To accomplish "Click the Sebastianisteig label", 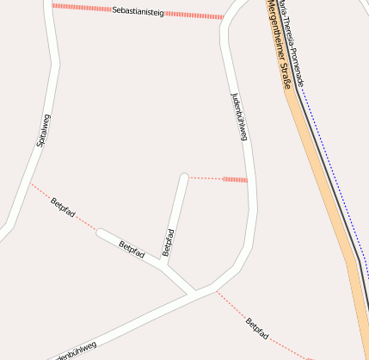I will pos(138,12).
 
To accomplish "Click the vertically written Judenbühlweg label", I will pos(240,117).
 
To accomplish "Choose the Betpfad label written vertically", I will pos(169,242).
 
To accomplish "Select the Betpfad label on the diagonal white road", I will pos(132,251).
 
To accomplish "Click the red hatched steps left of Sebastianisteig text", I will pos(81,8).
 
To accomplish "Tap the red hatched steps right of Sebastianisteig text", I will pos(194,15).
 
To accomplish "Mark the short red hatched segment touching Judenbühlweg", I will pos(234,179).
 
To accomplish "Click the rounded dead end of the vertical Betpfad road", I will pos(183,177).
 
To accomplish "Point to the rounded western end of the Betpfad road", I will pos(101,232).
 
